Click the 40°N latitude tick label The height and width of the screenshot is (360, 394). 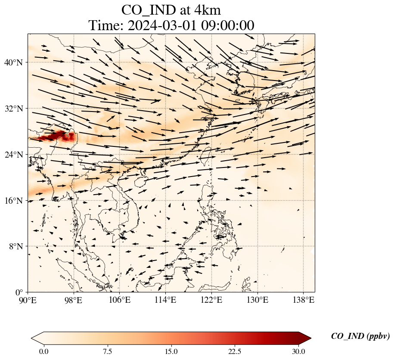13,62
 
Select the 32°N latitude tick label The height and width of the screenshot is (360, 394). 13,109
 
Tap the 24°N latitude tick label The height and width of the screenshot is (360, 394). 13,155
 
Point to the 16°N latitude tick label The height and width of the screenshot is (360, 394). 13,201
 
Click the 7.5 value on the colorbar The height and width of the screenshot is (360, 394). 107,352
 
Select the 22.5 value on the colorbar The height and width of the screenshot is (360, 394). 235,352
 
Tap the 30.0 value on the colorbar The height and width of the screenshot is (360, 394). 298,352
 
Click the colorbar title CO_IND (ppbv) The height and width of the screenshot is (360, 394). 360,336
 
